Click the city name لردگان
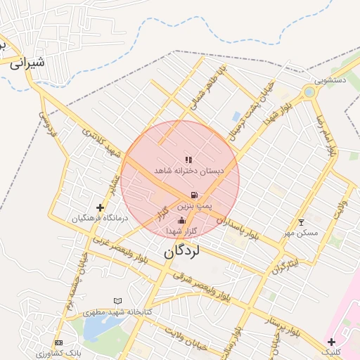[x=182, y=250]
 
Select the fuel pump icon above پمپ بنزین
[x=193, y=195]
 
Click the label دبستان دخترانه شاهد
[x=189, y=171]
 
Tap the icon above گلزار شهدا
[x=182, y=221]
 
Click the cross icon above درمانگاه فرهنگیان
[x=100, y=207]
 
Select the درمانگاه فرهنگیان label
[x=101, y=218]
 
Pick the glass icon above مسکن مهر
[x=302, y=222]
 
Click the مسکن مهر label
[x=301, y=232]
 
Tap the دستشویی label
[x=330, y=80]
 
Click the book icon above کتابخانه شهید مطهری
[x=117, y=301]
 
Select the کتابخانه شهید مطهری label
[x=118, y=311]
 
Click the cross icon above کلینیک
[x=331, y=342]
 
